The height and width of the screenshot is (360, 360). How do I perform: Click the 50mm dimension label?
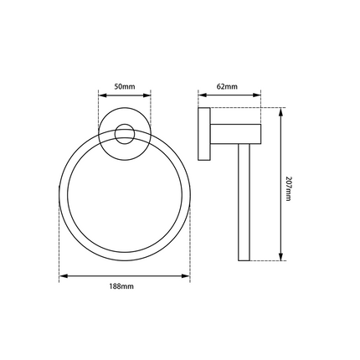(125, 85)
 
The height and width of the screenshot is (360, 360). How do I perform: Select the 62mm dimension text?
(224, 85)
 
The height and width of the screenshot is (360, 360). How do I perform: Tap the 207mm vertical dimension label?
(289, 188)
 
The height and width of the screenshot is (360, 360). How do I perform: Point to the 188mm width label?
(123, 286)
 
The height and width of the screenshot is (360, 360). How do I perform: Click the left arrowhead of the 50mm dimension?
(101, 95)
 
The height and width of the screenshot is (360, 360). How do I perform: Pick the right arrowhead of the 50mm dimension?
(151, 95)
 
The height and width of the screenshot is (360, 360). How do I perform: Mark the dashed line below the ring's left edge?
(59, 243)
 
